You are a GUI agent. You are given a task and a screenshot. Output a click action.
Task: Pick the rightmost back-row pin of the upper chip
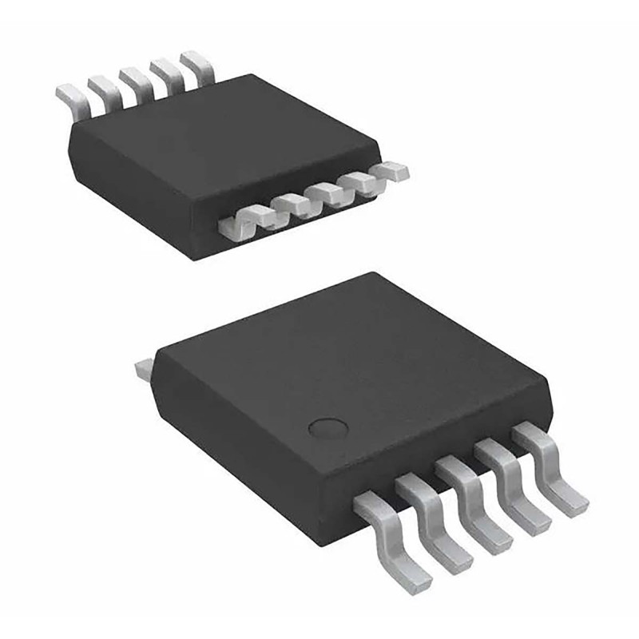198,65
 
